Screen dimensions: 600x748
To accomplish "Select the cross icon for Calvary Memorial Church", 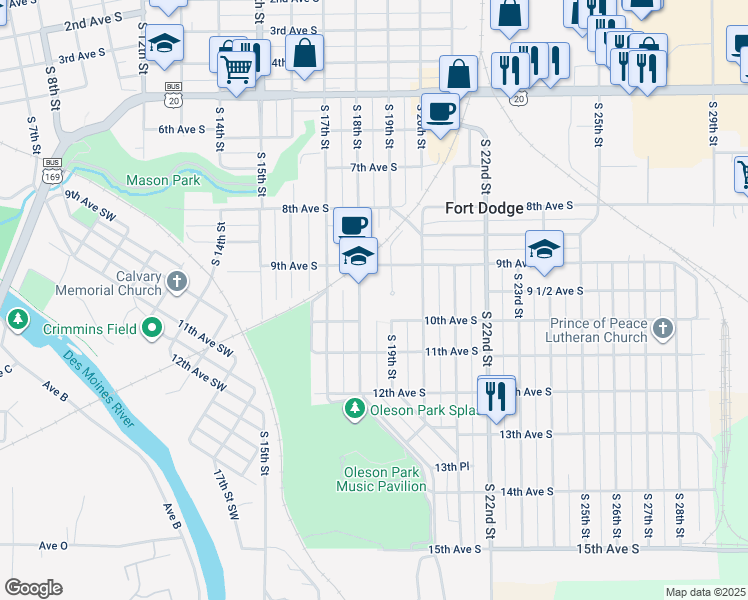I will click(x=176, y=280).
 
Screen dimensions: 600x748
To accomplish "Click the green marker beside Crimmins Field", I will click(x=151, y=327).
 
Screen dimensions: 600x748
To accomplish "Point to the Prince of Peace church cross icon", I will click(x=662, y=327).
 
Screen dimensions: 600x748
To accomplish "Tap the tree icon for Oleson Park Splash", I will click(x=354, y=408).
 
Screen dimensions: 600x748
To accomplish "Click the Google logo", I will click(x=33, y=587).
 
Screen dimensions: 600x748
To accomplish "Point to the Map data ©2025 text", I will click(x=704, y=592).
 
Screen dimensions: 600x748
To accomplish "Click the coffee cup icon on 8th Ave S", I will click(x=352, y=225).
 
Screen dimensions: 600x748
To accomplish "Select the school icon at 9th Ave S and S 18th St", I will click(x=358, y=257).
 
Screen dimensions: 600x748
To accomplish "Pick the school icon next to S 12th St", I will click(x=164, y=44).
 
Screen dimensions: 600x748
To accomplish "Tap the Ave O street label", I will click(x=53, y=545).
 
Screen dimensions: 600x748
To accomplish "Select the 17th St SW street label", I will click(x=226, y=495).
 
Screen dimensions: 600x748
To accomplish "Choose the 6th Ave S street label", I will click(x=181, y=129).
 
